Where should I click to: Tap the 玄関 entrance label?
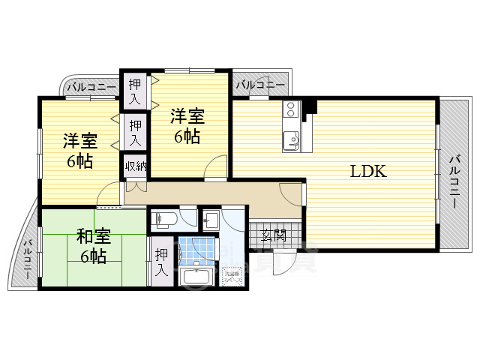click(274, 235)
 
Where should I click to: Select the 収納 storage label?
click(136, 166)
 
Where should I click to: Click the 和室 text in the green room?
click(94, 238)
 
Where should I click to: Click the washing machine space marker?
click(235, 278)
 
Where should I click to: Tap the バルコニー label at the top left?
click(91, 88)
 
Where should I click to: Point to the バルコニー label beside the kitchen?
click(260, 85)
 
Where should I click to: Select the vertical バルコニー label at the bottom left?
click(27, 259)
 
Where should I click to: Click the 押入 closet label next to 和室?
click(161, 262)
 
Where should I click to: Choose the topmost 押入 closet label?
click(135, 91)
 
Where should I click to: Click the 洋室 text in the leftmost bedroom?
click(79, 141)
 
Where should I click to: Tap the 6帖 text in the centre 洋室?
click(187, 136)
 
